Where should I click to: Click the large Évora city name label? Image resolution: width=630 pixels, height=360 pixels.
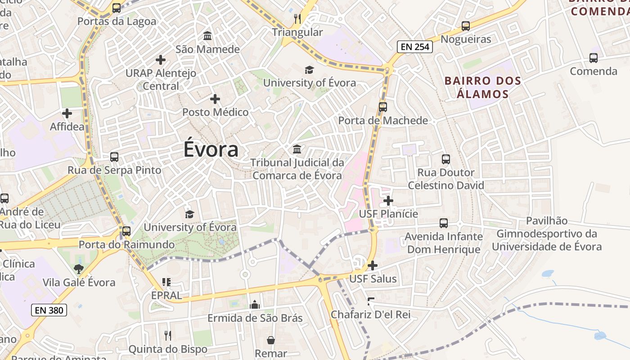coord(211,149)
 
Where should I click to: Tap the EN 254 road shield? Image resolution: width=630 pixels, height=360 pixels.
coord(414,46)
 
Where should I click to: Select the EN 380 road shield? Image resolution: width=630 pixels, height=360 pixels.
coord(49,310)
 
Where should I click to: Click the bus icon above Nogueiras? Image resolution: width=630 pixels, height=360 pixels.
coord(466,26)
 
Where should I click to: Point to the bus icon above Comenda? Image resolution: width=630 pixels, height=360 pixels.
coord(594,58)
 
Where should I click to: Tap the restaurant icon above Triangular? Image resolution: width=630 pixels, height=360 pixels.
coord(297,18)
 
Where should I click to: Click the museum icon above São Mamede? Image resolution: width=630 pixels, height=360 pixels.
coord(207,36)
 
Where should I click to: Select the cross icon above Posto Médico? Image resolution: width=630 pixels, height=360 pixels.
coord(215,99)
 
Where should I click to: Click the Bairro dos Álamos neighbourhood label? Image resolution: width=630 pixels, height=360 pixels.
coord(482,87)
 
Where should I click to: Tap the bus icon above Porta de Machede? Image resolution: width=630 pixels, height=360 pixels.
coord(383,107)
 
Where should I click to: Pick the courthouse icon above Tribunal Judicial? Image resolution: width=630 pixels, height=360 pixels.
coord(297,149)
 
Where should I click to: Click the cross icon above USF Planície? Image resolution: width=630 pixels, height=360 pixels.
coord(388,201)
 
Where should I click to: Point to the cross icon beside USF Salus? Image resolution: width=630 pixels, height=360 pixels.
coord(372,265)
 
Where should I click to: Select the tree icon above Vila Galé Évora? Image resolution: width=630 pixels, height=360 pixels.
coord(79,269)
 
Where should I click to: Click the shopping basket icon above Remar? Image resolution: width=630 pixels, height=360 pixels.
coord(271,340)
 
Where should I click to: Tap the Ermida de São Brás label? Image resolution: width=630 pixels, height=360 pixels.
coord(255,318)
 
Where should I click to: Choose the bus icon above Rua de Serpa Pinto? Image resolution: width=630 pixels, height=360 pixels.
coord(114,157)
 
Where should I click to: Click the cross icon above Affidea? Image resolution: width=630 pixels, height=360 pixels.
coord(67,113)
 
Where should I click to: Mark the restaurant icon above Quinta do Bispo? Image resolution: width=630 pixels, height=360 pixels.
coord(167,335)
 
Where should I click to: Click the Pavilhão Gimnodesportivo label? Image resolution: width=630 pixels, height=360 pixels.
coord(546,234)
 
